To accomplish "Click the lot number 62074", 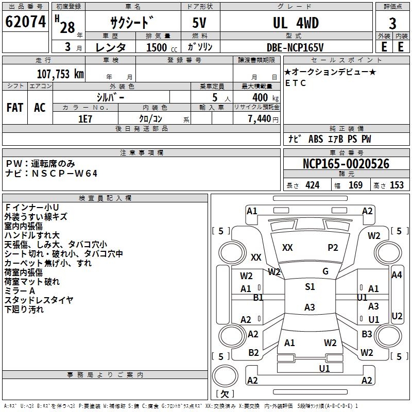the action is click(x=26, y=23).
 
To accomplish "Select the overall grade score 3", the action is click(x=392, y=24).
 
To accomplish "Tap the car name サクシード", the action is click(x=132, y=23).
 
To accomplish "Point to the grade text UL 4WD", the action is click(x=296, y=23).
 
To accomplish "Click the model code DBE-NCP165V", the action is click(x=295, y=47).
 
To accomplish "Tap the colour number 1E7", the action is click(x=85, y=118).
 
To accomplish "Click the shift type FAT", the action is click(x=15, y=108).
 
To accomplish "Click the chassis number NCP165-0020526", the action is click(x=346, y=164).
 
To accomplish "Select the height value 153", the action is click(x=397, y=185).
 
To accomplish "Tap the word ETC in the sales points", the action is click(x=296, y=83).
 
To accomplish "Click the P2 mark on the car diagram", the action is click(x=333, y=248).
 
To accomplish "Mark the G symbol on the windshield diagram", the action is click(x=325, y=271).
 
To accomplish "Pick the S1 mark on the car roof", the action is click(x=310, y=287).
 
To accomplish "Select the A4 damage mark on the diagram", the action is click(x=397, y=275).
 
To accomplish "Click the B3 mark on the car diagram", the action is click(x=367, y=334).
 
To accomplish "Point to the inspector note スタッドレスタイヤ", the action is click(x=39, y=300).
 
